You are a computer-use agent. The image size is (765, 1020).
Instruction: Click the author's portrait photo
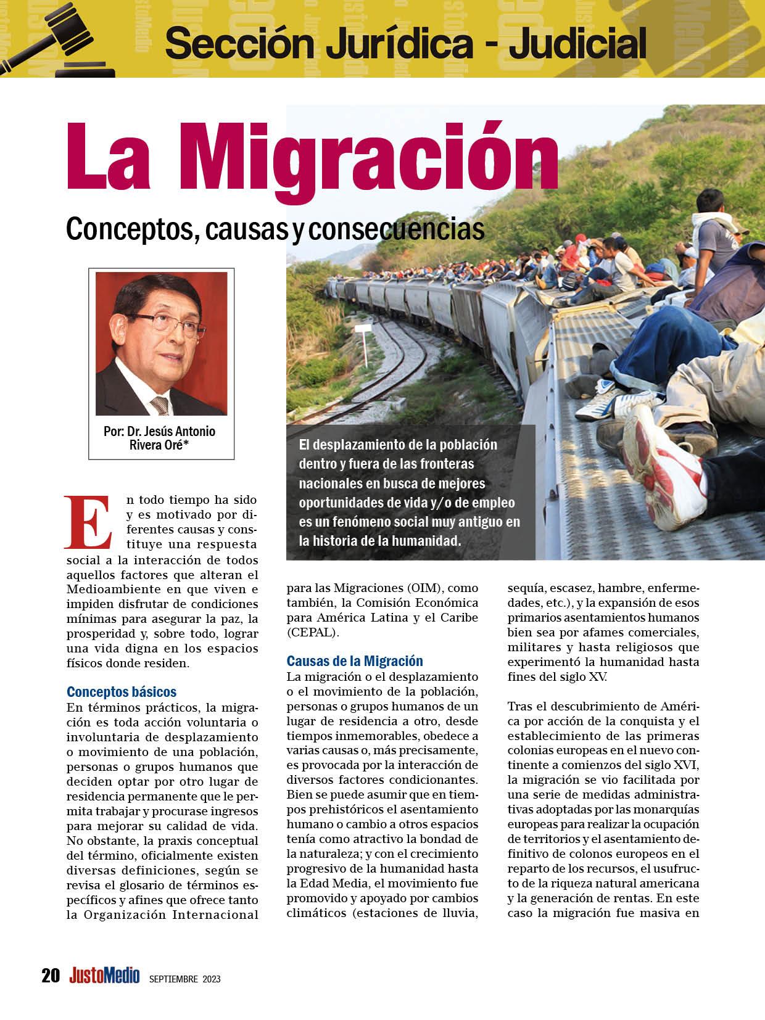click(161, 343)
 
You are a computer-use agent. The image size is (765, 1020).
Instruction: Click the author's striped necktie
click(161, 404)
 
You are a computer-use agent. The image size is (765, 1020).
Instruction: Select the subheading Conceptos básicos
click(122, 691)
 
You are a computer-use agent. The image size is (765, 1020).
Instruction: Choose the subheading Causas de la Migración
click(355, 661)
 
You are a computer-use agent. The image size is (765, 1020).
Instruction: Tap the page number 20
click(51, 976)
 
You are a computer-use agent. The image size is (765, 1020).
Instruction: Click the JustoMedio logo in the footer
click(104, 976)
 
